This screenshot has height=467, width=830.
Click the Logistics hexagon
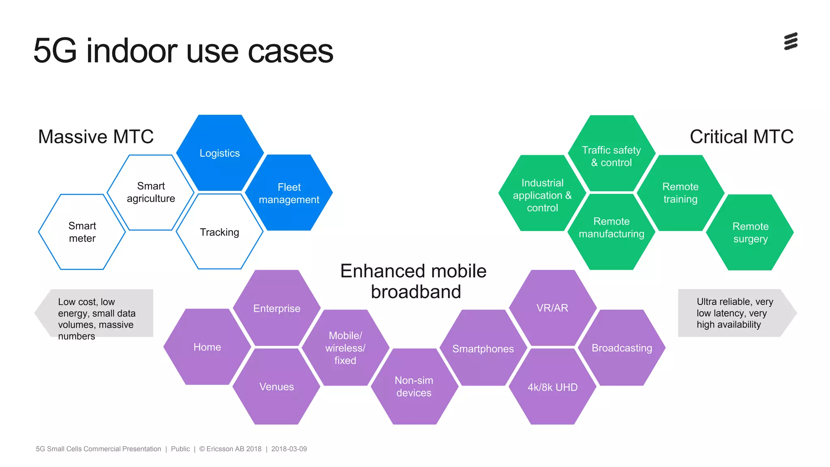220,153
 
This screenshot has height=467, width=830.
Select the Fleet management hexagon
289,193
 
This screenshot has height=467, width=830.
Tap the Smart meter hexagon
82,232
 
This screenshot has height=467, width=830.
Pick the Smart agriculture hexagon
151,192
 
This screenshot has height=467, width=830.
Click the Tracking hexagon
219,232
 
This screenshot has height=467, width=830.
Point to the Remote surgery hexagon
750,232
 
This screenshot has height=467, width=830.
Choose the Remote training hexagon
680,193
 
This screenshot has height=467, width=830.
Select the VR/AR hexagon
552,308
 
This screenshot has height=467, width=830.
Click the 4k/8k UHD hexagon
552,387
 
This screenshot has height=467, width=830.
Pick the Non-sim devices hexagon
414,386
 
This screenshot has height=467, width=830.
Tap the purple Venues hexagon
276,386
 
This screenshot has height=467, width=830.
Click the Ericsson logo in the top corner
791,41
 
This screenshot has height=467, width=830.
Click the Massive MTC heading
96,137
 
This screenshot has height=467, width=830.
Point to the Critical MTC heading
741,137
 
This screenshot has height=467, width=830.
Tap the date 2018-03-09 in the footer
289,449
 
